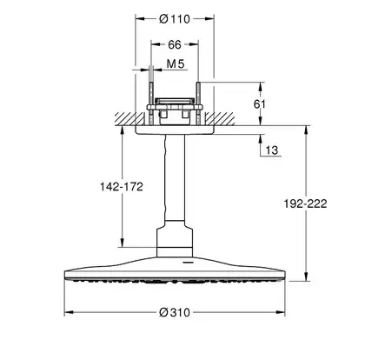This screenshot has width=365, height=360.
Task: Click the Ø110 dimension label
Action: pyautogui.click(x=175, y=19)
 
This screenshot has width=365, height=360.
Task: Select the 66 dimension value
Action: pyautogui.click(x=175, y=44)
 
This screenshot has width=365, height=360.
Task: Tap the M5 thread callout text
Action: pyautogui.click(x=176, y=64)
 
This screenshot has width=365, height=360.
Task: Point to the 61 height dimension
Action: pyautogui.click(x=259, y=103)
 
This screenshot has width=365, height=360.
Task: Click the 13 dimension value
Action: pyautogui.click(x=271, y=150)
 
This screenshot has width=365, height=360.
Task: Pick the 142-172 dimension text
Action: pyautogui.click(x=122, y=187)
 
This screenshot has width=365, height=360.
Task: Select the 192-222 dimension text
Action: pyautogui.click(x=305, y=203)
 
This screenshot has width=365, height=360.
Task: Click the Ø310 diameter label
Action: pyautogui.click(x=175, y=312)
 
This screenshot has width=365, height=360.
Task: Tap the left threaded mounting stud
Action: pyautogui.click(x=151, y=103)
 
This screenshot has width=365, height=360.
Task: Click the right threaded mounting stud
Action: pyautogui.click(x=198, y=103)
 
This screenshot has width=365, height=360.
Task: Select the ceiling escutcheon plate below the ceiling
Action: pyautogui.click(x=175, y=130)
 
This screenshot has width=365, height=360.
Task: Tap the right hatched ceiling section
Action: pyautogui.click(x=220, y=119)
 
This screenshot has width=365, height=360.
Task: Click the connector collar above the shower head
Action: pyautogui.click(x=175, y=243)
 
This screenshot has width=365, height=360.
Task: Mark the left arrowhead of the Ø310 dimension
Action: pyautogui.click(x=69, y=312)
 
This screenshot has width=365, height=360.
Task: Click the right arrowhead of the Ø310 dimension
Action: pyautogui.click(x=281, y=312)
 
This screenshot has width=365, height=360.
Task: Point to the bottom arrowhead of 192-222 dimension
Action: pyautogui.click(x=306, y=277)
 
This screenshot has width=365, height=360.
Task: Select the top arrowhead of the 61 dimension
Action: pyautogui.click(x=261, y=87)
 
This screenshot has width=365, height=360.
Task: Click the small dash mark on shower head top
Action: pyautogui.click(x=188, y=263)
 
